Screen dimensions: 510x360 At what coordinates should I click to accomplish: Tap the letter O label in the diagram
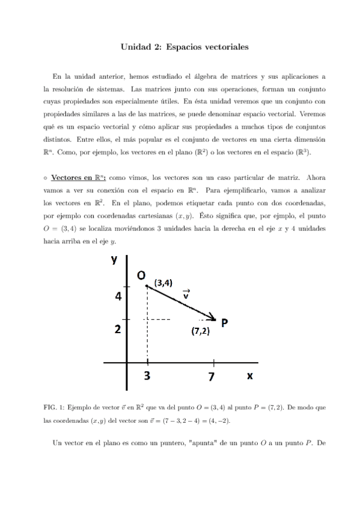click(141, 275)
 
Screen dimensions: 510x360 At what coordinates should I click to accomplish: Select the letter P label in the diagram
click(224, 323)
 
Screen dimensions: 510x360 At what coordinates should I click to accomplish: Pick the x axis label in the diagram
click(249, 375)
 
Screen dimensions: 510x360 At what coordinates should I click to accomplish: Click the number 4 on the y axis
click(118, 296)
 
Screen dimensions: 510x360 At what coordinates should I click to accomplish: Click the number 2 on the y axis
click(118, 330)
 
